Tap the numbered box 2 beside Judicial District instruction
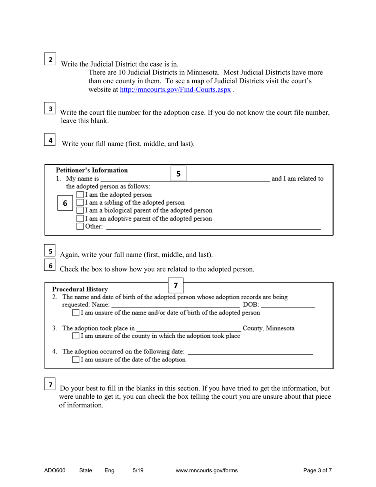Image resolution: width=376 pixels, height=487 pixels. point(50,59)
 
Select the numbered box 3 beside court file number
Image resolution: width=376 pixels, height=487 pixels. point(50,108)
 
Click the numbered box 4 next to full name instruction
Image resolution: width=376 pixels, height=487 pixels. point(50,140)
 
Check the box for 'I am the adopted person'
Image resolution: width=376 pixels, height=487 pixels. point(80,195)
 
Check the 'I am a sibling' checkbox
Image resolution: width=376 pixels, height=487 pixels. point(80,203)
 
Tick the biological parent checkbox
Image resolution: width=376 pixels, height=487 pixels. point(80,211)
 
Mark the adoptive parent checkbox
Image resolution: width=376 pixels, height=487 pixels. point(80,219)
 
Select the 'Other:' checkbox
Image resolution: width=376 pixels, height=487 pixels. point(80,226)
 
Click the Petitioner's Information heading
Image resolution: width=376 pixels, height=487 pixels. point(92,171)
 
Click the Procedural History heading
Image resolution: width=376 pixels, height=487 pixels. point(80,289)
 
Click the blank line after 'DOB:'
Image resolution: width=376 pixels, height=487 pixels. point(288,305)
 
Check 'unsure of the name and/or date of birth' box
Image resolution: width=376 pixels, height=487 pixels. point(76,313)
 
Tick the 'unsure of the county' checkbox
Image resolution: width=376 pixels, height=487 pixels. point(76,336)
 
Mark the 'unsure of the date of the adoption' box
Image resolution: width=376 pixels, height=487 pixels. point(76,360)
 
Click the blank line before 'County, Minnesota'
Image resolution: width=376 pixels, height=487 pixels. point(188,328)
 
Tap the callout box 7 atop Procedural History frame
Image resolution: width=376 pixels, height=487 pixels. point(176,285)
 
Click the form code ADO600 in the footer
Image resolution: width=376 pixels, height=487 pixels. point(55,471)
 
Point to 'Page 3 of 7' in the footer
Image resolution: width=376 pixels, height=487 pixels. point(317,471)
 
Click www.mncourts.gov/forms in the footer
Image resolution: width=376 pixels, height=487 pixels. point(207,471)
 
